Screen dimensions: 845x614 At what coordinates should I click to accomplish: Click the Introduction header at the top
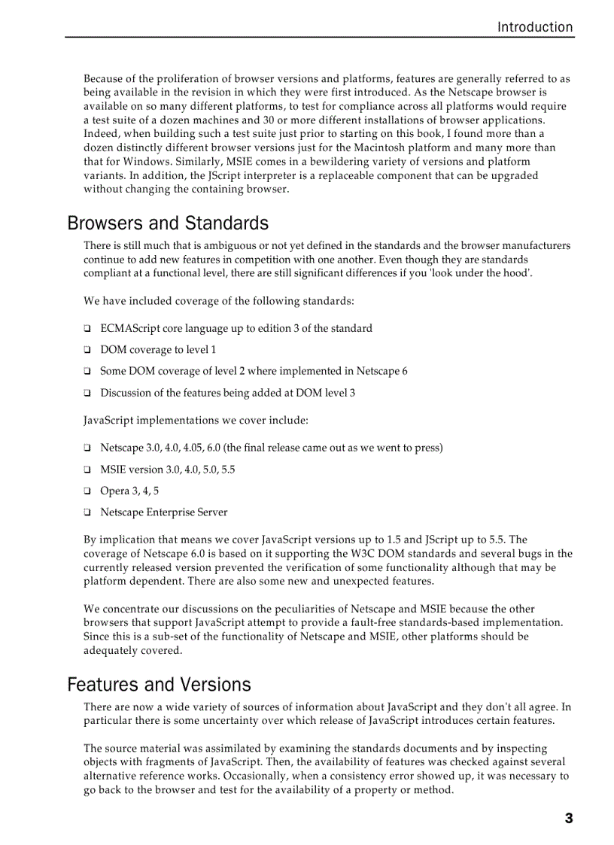coord(534,27)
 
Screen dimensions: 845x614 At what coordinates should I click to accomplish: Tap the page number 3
coord(569,819)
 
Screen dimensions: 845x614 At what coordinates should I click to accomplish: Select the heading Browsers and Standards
coord(168,223)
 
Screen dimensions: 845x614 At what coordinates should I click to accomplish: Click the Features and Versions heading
coord(159,685)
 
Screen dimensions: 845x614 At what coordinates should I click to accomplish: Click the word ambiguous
coord(225,245)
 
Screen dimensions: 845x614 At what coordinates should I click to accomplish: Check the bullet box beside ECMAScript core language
coord(87,329)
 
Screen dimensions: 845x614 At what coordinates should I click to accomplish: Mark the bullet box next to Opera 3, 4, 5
coord(87,491)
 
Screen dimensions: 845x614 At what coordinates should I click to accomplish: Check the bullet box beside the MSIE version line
coord(87,470)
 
